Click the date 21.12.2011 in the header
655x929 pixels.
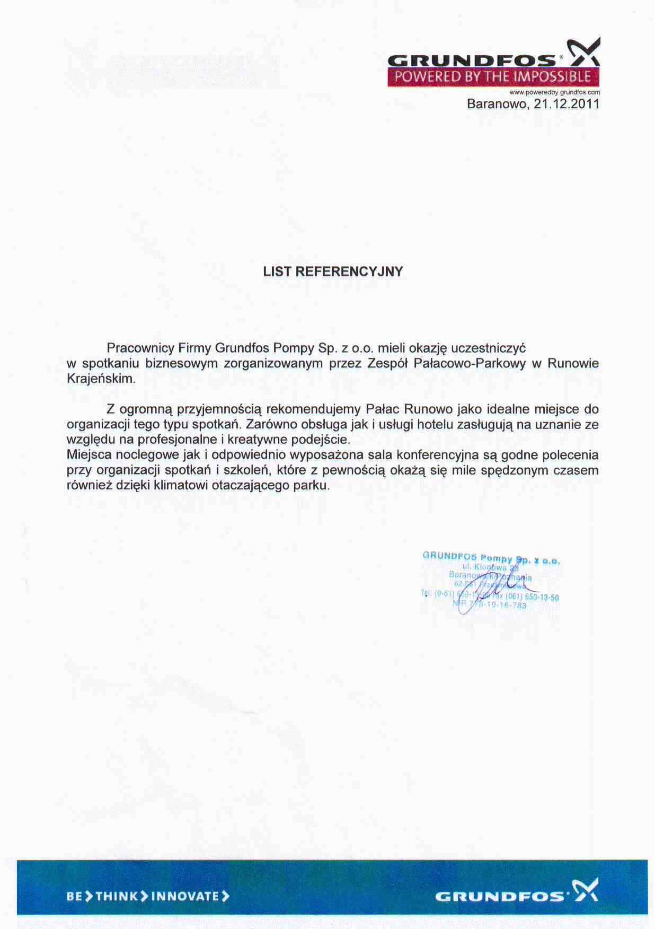567,103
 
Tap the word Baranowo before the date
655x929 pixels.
497,103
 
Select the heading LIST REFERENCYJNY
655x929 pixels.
333,271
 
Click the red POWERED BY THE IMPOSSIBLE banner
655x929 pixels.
493,77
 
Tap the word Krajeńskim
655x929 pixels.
101,379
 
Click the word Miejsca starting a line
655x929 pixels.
88,455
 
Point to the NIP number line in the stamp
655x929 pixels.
490,604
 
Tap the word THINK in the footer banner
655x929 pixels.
117,897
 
